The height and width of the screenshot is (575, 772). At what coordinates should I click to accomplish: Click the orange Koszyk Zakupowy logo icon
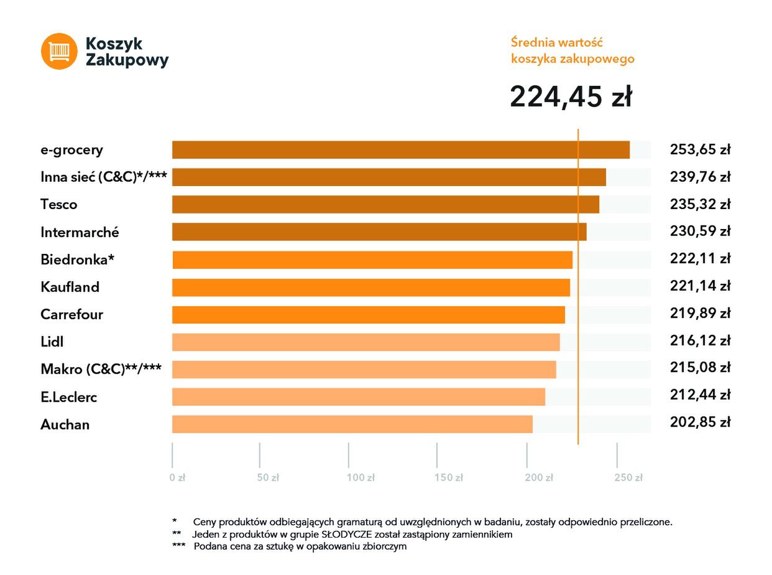click(x=59, y=51)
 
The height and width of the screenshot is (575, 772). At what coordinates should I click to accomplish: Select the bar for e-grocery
click(x=400, y=150)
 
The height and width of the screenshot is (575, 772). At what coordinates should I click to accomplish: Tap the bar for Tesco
click(x=385, y=205)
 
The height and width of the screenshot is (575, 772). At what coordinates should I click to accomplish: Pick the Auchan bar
click(x=352, y=424)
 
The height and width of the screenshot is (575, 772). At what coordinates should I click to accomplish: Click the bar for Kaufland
click(x=370, y=287)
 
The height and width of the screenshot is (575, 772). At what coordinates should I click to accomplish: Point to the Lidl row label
click(x=52, y=342)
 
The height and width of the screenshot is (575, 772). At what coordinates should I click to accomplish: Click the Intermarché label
click(x=80, y=232)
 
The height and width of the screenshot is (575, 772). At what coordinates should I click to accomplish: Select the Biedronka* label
click(x=78, y=259)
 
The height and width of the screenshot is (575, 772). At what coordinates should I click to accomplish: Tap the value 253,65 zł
click(x=699, y=150)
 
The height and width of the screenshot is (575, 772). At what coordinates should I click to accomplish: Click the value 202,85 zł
click(x=699, y=423)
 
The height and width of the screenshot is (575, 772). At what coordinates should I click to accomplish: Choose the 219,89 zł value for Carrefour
click(x=699, y=314)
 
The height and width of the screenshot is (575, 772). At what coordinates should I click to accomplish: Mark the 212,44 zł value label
click(x=699, y=395)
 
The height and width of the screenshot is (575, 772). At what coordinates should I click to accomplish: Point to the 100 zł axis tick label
click(x=361, y=478)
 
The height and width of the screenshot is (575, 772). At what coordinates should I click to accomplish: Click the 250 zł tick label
click(x=628, y=478)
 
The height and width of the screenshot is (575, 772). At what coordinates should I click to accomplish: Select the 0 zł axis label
click(x=177, y=478)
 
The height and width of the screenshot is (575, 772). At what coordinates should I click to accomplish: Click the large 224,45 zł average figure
click(x=571, y=97)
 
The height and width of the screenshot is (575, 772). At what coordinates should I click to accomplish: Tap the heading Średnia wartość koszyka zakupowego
click(x=572, y=50)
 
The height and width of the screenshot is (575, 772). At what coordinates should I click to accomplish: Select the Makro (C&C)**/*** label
click(x=101, y=369)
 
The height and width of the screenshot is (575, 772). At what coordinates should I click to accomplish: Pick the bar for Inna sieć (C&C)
click(x=388, y=177)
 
